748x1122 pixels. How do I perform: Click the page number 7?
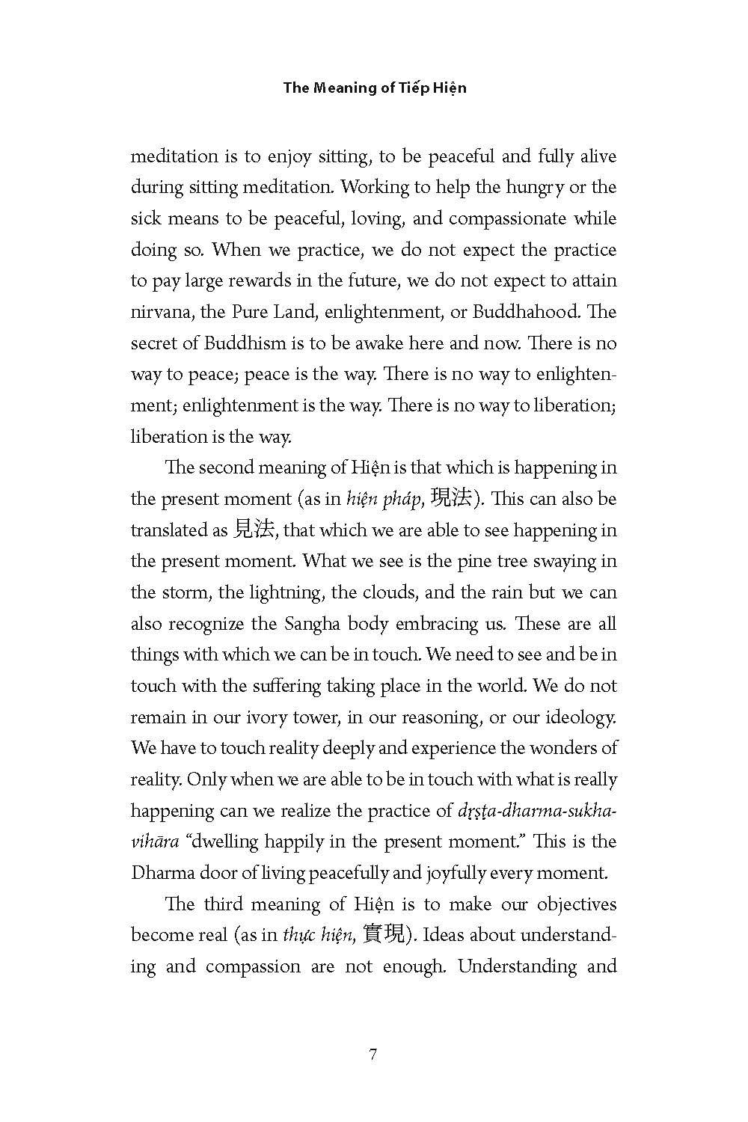coord(373,1055)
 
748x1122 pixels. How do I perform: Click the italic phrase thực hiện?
coord(317,935)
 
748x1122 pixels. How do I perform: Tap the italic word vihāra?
coord(155,841)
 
